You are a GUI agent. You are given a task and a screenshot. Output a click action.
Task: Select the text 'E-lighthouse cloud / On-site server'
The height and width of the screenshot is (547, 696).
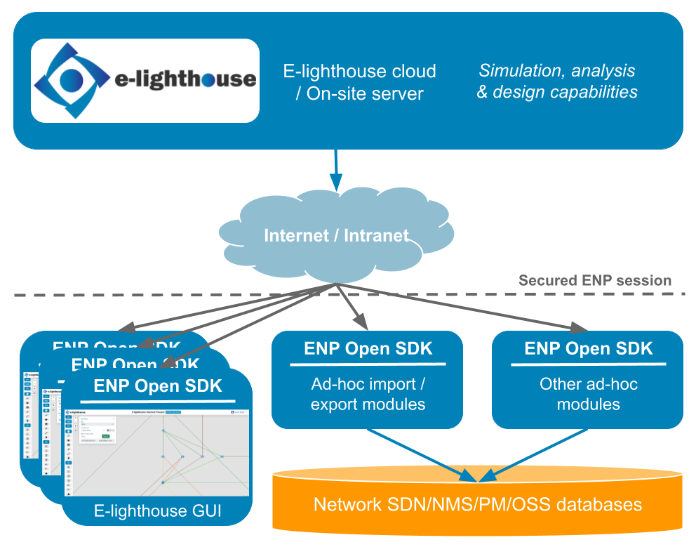pyautogui.click(x=359, y=82)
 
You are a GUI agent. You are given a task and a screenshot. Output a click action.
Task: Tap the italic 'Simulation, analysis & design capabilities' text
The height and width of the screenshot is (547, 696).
pyautogui.click(x=557, y=81)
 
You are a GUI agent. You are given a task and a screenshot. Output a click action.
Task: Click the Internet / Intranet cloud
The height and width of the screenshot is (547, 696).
pyautogui.click(x=336, y=235)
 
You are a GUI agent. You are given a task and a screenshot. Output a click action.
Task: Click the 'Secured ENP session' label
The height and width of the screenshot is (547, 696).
pyautogui.click(x=594, y=281)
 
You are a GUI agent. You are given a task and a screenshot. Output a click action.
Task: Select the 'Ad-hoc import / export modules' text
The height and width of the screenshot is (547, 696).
pyautogui.click(x=368, y=395)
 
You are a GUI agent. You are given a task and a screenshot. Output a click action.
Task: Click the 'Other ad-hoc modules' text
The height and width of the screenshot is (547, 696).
pyautogui.click(x=588, y=395)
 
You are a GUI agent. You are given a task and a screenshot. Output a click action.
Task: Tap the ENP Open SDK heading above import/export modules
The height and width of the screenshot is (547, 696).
pyautogui.click(x=368, y=349)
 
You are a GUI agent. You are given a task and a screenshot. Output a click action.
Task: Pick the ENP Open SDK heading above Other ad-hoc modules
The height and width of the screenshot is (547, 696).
pyautogui.click(x=588, y=349)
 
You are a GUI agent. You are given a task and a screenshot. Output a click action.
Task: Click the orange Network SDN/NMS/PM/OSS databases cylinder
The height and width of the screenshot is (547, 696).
pyautogui.click(x=477, y=504)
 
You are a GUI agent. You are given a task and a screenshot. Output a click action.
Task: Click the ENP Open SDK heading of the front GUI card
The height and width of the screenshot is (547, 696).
pyautogui.click(x=157, y=385)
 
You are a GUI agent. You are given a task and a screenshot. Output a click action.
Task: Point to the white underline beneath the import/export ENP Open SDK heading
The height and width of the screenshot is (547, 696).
pyautogui.click(x=368, y=364)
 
